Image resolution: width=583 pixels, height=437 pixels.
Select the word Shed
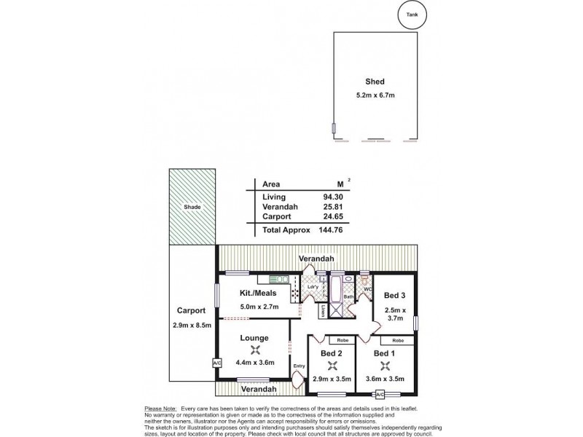[375, 82]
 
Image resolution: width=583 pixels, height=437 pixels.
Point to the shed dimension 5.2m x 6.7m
[375, 96]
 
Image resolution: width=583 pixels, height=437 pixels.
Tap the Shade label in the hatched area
[192, 207]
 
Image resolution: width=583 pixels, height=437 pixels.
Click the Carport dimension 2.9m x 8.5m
[191, 324]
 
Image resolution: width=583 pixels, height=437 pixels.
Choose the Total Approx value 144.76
[330, 230]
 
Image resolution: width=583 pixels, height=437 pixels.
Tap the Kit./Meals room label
[259, 293]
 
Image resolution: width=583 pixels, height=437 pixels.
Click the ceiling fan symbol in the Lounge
[252, 348]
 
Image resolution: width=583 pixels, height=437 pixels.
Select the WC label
[367, 288]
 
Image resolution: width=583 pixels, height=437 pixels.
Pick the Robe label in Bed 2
[341, 340]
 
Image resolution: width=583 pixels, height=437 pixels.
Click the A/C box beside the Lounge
[216, 363]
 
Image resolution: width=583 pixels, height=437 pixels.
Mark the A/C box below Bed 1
[379, 395]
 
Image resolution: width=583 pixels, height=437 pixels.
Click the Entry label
[297, 366]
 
